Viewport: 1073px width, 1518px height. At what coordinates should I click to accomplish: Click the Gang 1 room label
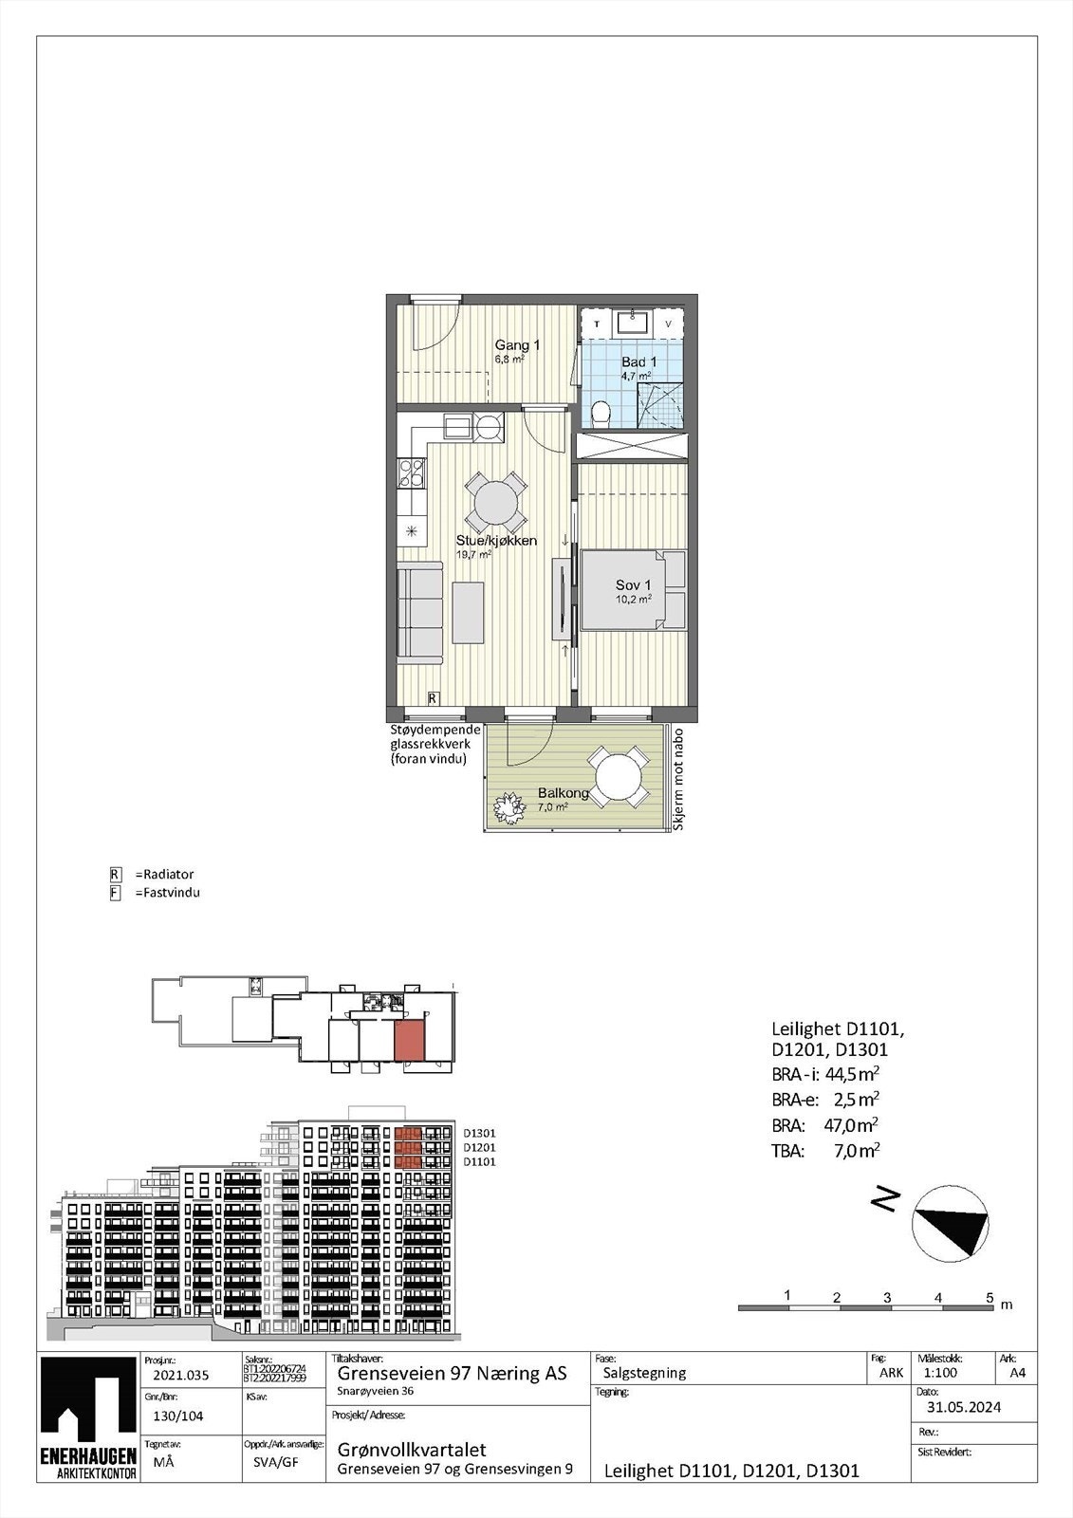[517, 345]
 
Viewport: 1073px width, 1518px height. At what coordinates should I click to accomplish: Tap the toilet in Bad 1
[600, 413]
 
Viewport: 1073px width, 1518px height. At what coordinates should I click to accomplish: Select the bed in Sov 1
[633, 589]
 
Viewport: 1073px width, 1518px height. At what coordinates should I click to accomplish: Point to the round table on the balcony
[618, 775]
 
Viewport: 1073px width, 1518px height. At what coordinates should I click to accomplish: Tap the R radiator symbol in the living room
[433, 698]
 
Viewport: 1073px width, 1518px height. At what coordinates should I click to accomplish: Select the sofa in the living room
[419, 611]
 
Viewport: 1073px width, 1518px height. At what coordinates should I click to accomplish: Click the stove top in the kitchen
[413, 472]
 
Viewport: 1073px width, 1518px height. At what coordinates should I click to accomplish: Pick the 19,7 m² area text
[474, 554]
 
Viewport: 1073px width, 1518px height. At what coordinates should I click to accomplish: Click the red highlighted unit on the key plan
[410, 1042]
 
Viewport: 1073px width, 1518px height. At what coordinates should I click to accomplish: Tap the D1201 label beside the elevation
[479, 1147]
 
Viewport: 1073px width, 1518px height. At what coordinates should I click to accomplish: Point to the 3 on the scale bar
[886, 1296]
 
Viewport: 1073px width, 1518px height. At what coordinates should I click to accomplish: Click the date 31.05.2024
[964, 1407]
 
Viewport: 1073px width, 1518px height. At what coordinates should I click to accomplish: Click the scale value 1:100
[939, 1372]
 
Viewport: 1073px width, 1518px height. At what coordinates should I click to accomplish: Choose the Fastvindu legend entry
[167, 892]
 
